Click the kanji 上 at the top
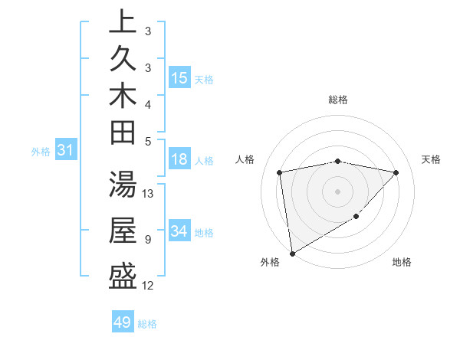123,21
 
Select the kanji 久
123,58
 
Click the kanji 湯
123,185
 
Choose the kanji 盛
123,276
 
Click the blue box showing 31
66,151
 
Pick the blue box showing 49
123,322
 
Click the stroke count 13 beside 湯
149,194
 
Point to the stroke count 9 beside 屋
147,240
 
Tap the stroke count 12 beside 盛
149,286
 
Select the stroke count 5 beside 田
147,142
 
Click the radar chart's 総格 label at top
338,100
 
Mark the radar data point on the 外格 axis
292,253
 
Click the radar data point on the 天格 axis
396,172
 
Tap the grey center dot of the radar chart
338,191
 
